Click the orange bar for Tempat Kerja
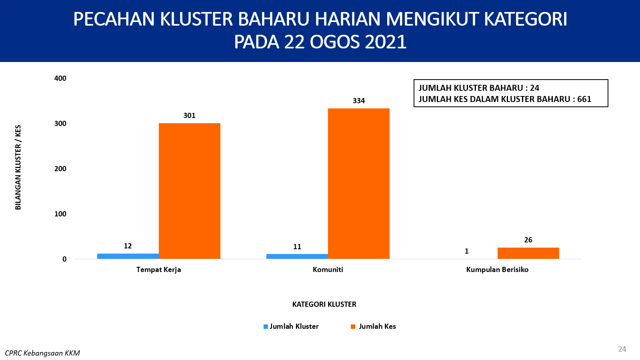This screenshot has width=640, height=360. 190,191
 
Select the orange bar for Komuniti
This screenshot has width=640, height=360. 358,184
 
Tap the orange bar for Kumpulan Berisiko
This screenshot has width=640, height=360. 528,253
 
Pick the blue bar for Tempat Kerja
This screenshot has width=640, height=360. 128,256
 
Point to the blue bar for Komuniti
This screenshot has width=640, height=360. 297,256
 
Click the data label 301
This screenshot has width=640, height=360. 190,116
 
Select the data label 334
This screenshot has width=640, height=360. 358,100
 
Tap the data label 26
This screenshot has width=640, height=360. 528,240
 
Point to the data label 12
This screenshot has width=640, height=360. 128,246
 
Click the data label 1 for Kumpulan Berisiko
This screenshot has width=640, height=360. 466,251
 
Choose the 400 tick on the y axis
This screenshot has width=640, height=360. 60,78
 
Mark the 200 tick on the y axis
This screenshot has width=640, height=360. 60,168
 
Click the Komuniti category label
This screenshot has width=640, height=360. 328,270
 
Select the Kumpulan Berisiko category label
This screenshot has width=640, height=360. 498,270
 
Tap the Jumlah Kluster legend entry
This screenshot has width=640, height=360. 291,326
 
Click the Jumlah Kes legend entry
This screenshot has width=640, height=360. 374,326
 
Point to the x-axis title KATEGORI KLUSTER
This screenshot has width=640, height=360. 324,304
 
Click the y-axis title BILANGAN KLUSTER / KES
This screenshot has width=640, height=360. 18,168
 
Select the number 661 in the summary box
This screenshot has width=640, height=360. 584,99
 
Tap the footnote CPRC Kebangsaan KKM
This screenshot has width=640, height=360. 42,353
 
